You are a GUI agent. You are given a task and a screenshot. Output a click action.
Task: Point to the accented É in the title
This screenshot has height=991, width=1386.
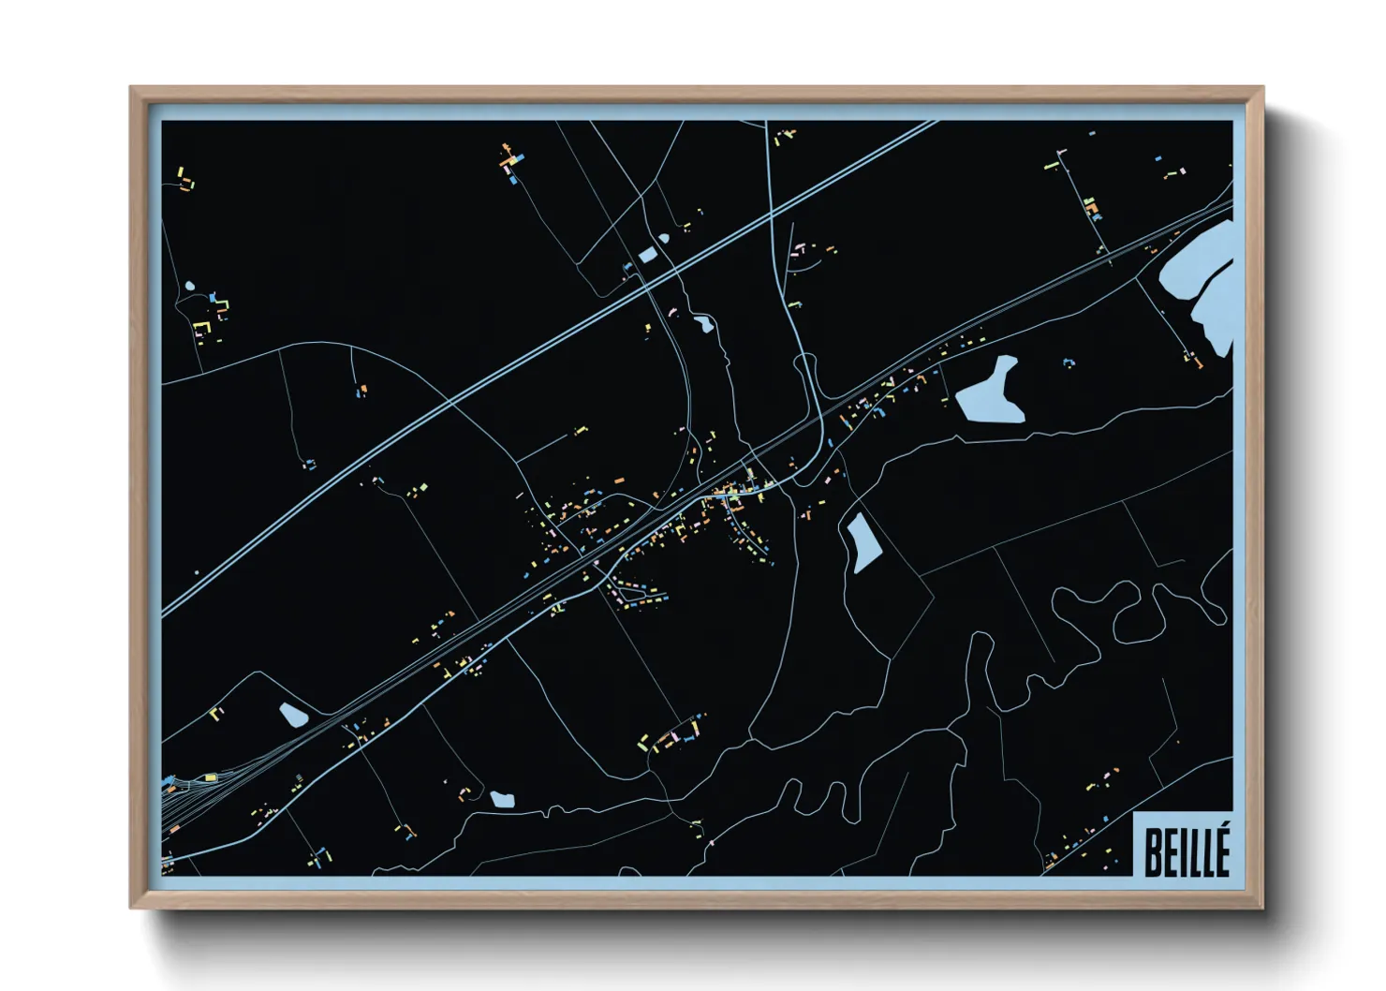click(x=1220, y=850)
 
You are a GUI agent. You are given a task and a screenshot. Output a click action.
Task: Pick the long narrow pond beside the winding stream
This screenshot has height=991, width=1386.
click(x=863, y=542)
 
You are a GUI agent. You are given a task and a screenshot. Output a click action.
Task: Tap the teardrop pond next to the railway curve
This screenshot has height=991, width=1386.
click(x=293, y=716)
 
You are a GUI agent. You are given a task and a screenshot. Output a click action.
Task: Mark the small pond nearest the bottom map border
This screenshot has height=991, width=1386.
click(x=502, y=800)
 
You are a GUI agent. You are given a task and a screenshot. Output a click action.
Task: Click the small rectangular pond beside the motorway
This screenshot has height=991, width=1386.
click(x=648, y=254)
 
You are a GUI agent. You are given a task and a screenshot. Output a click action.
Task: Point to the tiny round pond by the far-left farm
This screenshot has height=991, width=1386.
click(x=190, y=286)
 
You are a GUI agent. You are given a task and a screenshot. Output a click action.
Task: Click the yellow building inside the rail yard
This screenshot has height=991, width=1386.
click(x=211, y=777)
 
